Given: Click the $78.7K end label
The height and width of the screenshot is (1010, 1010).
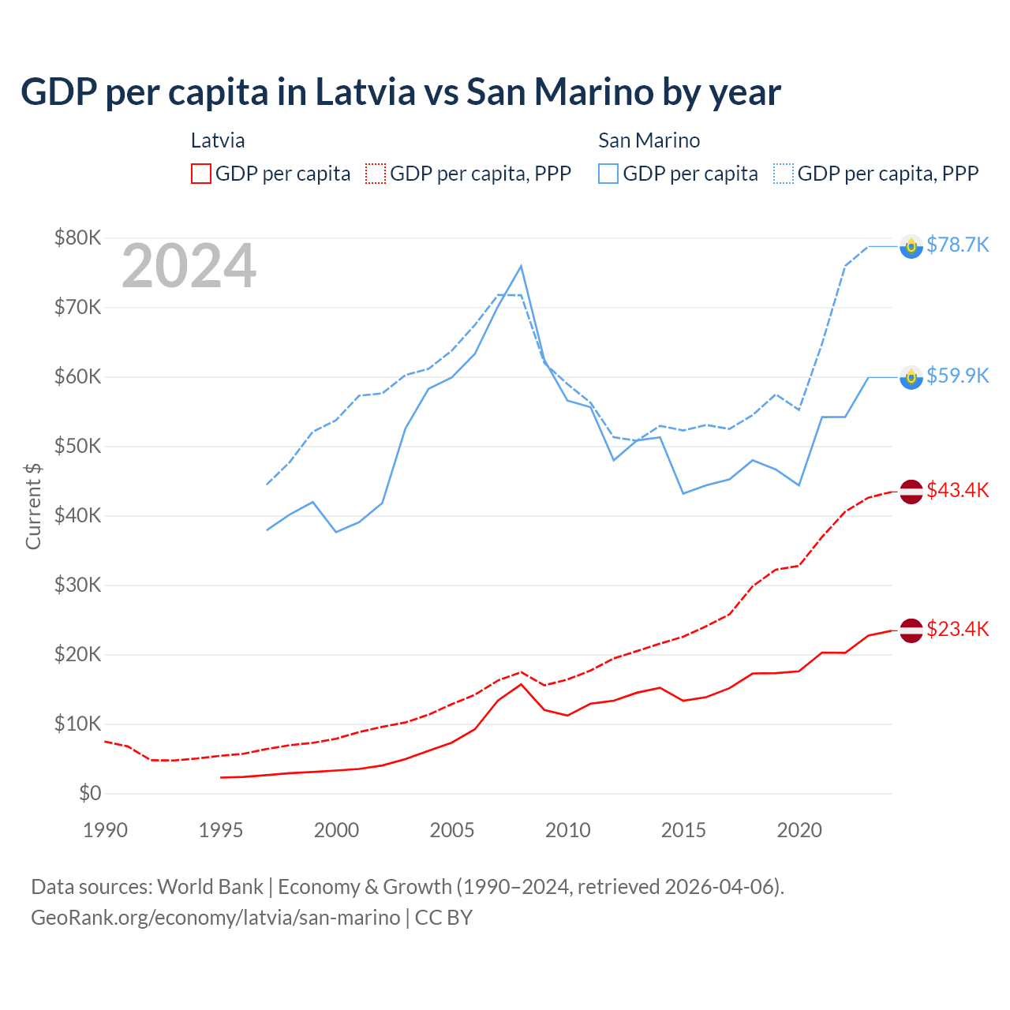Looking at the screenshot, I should point(957,245).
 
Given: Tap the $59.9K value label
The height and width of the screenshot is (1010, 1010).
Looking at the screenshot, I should point(957,376).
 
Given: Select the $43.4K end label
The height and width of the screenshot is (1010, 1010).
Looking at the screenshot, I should point(957,490).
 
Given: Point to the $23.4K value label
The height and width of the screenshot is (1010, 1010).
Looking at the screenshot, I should point(957,629).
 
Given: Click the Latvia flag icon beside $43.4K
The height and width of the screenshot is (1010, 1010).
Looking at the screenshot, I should point(911,492).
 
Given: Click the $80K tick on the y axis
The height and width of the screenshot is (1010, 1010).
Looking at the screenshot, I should point(77,238).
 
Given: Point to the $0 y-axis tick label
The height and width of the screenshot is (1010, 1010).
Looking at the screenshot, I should point(90,793).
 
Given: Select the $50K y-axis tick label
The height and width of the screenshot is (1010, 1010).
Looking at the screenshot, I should point(77,446).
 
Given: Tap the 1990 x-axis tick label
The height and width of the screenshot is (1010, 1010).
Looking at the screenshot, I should point(105,830).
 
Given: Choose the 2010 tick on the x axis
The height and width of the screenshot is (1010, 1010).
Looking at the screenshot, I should point(567,830).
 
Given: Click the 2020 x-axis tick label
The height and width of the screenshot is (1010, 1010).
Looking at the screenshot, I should point(799,830).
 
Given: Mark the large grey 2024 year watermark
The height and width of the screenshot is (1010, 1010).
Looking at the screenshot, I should point(189,266).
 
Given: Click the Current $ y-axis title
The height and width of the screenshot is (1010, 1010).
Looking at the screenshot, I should point(33,507).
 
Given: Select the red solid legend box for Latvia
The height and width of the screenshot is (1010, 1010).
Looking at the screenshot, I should point(201,174).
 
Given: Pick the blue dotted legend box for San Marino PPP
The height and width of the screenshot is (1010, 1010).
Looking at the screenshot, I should point(784,174).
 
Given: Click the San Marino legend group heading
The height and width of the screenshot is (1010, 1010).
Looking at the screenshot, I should point(649,140).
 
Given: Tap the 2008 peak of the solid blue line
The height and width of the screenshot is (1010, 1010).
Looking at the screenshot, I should point(521,266).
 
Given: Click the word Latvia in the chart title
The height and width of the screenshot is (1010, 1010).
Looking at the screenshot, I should point(365,92).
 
